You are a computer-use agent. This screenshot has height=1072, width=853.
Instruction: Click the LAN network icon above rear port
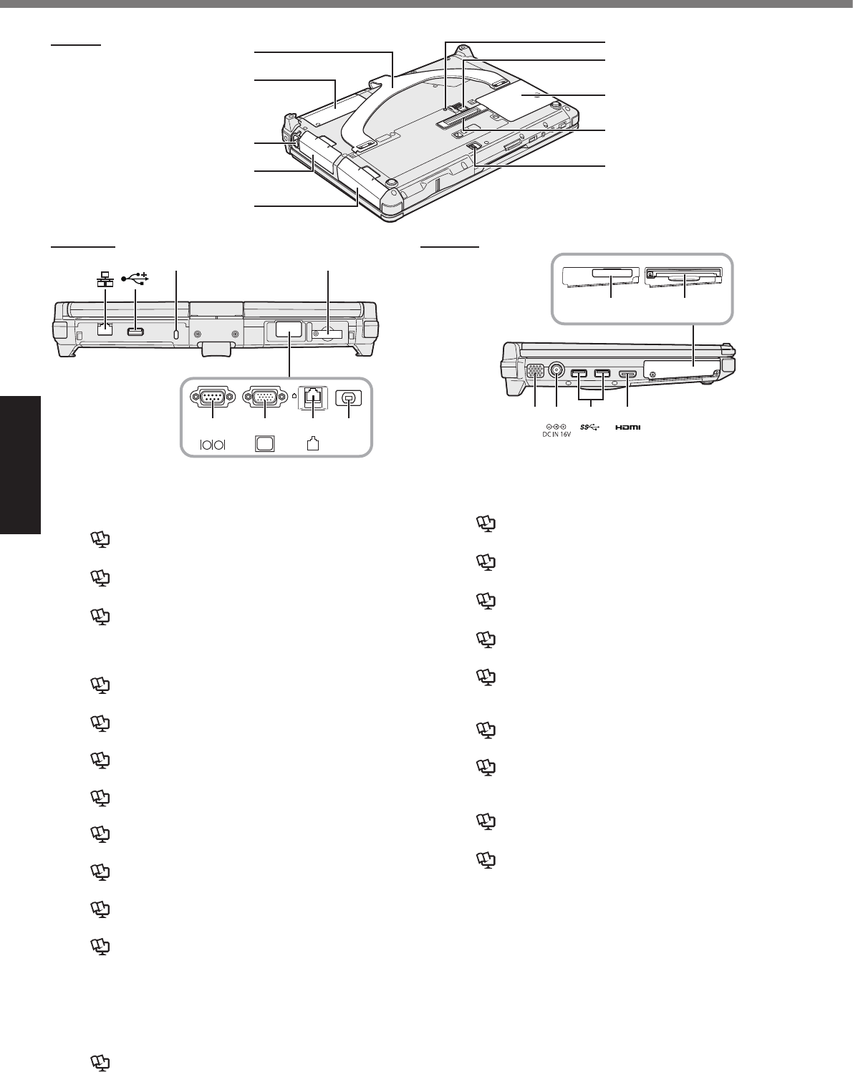coord(105,279)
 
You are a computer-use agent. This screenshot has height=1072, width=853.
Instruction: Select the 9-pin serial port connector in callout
coord(212,398)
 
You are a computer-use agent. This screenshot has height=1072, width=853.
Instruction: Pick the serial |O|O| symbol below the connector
coord(212,444)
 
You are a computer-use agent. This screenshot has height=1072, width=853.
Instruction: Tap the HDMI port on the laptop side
coord(627,374)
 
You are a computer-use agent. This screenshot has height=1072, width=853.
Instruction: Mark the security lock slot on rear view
coord(177,333)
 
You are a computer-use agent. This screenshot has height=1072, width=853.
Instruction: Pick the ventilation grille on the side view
coord(534,373)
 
